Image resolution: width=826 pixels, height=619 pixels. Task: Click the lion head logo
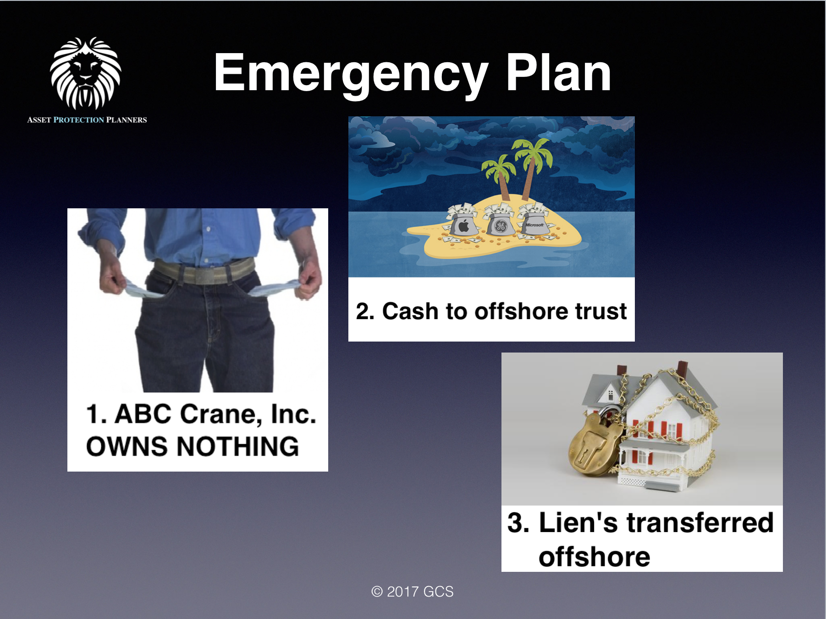[86, 73]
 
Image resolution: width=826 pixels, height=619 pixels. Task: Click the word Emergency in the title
[350, 73]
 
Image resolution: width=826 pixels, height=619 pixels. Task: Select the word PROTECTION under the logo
[79, 120]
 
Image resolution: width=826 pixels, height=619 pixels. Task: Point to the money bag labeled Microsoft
[534, 223]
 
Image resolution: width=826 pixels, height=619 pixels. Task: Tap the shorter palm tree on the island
[500, 179]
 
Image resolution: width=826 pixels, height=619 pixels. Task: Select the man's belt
[204, 272]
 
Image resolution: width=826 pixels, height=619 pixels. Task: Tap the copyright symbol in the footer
[377, 592]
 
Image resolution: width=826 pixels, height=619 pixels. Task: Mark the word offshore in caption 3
[594, 557]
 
